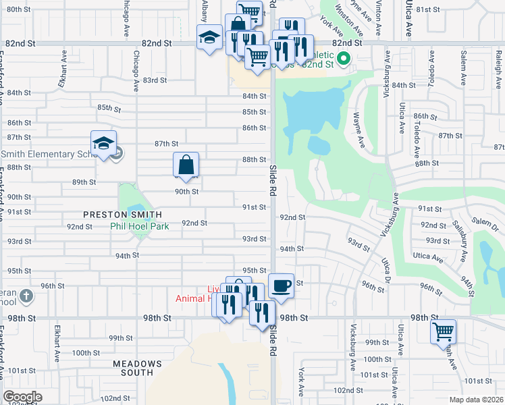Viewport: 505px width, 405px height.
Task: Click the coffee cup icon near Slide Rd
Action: pyautogui.click(x=281, y=285)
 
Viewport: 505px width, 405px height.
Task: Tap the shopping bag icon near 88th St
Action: pyautogui.click(x=186, y=165)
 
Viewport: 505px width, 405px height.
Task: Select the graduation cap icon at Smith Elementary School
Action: pyautogui.click(x=103, y=143)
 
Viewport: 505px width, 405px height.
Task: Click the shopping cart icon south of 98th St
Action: pyautogui.click(x=443, y=331)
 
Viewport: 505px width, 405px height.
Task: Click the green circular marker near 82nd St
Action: pyautogui.click(x=343, y=59)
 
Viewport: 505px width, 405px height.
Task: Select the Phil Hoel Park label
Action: pyautogui.click(x=140, y=226)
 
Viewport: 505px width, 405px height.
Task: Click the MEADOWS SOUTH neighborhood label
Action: pyautogui.click(x=137, y=368)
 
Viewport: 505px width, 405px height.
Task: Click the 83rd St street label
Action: pyautogui.click(x=155, y=80)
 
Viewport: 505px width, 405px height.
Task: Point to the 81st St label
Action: pyautogui.click(x=429, y=9)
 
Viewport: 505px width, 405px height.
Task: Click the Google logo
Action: pyautogui.click(x=23, y=397)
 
